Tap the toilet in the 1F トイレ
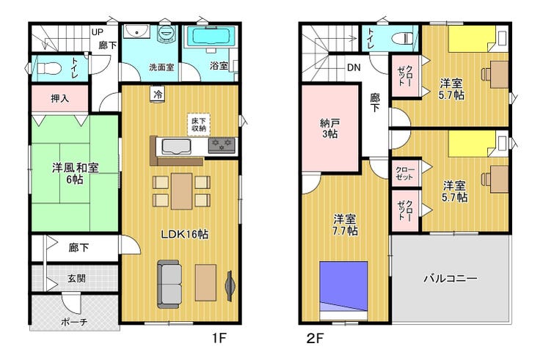pos(48,68)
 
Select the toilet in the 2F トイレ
pos(403,37)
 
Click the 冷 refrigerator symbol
pos(158,94)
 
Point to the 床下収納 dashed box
pos(199,124)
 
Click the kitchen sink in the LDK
pos(177,147)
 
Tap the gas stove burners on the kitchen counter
pos(222,145)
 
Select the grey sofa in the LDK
pos(170,284)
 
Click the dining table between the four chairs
pos(181,191)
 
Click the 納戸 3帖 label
pos(329,128)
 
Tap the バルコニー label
pos(451,278)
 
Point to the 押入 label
pos(60,99)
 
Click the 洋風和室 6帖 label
pos(75,174)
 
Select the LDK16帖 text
pos(185,235)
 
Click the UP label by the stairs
pos(98,32)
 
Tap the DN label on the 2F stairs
pos(354,67)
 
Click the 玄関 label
pos(76,279)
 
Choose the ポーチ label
pos(74,323)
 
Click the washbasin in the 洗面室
pos(136,32)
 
